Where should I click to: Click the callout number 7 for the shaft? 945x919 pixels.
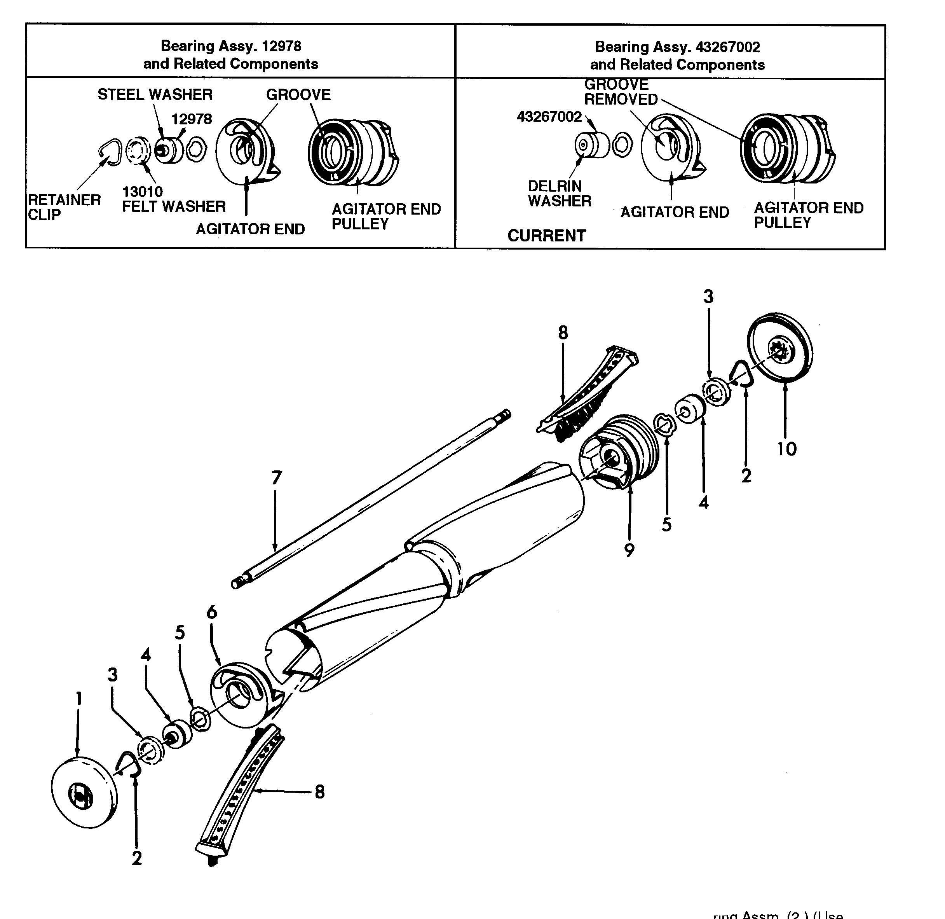pos(276,478)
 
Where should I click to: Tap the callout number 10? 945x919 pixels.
pos(786,449)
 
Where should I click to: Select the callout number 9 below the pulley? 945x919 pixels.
pos(629,550)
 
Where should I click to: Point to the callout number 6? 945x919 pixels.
pos(212,613)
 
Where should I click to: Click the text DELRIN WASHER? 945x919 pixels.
pos(559,194)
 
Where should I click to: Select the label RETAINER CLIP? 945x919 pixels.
pos(64,207)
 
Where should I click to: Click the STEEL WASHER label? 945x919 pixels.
pos(155,94)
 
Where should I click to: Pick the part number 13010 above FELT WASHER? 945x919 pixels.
pos(142,192)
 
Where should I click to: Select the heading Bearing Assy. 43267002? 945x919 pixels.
pos(677,47)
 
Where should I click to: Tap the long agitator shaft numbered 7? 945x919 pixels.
pos(371,497)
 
